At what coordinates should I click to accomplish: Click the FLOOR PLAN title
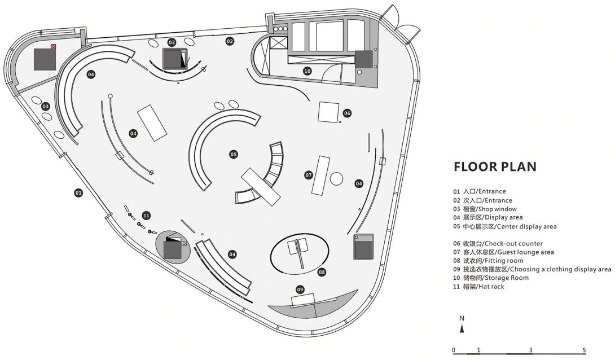pos(495,167)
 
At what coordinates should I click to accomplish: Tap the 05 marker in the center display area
pos(233,154)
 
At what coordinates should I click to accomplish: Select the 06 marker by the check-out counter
pos(347,113)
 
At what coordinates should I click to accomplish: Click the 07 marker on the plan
pos(309,175)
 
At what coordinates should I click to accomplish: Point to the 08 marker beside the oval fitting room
pos(322,272)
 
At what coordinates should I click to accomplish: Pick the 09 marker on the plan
pos(300,289)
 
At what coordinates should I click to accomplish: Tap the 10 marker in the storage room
pos(307,71)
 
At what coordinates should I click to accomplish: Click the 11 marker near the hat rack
pos(147,215)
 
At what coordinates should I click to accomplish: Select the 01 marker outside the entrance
pos(78,193)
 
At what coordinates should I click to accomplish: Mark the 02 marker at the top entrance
pos(230,41)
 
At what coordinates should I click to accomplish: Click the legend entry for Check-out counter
pos(497,244)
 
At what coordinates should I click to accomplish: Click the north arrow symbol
pos(462,327)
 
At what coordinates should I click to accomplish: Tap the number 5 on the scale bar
pos(584,350)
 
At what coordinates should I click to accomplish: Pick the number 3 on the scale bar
pos(531,350)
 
